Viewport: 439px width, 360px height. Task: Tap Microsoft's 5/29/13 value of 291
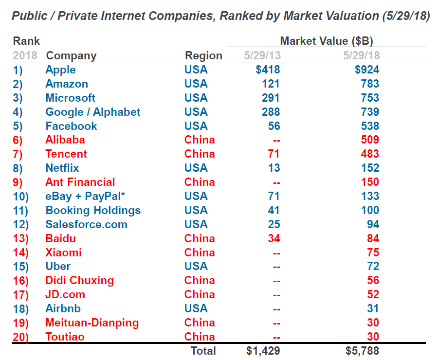pyautogui.click(x=270, y=98)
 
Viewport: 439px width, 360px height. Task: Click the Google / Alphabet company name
pyautogui.click(x=92, y=112)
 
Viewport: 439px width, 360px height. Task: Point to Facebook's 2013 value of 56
pyautogui.click(x=274, y=126)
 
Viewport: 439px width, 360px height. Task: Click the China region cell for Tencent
pyautogui.click(x=199, y=154)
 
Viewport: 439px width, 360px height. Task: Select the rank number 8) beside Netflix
pyautogui.click(x=21, y=168)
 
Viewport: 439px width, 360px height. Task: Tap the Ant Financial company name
pyautogui.click(x=80, y=182)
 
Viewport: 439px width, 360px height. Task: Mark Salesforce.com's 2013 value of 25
pyautogui.click(x=274, y=225)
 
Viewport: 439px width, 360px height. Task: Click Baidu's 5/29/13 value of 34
pyautogui.click(x=274, y=239)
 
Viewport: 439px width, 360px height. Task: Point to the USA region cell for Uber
pyautogui.click(x=196, y=267)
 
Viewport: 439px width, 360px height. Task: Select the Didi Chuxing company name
pyautogui.click(x=79, y=281)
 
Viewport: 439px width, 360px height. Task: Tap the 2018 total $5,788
pyautogui.click(x=362, y=351)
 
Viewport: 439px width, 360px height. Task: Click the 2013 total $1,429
pyautogui.click(x=263, y=351)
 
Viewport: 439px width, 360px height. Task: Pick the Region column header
pyautogui.click(x=203, y=55)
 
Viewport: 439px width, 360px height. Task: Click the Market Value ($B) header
pyautogui.click(x=326, y=41)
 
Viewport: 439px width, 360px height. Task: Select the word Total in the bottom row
pyautogui.click(x=203, y=351)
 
